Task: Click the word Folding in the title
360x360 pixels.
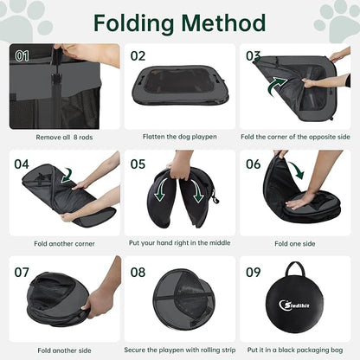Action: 133,23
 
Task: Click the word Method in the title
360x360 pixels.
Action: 223,22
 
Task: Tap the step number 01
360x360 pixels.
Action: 22,56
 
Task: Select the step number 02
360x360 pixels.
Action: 138,56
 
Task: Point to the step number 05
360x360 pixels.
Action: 138,164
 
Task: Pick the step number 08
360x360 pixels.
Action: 138,273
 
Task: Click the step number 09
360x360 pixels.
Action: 253,273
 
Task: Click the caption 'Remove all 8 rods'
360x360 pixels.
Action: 64,138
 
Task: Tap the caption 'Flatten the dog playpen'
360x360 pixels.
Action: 180,137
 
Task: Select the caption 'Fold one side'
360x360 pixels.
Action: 295,244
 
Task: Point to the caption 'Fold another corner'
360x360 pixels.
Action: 64,244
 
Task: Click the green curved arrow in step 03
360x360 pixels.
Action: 277,86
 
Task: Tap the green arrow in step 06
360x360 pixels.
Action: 297,170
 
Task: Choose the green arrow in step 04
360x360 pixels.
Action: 67,176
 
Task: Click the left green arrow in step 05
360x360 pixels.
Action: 161,190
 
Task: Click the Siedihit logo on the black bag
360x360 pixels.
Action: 294,305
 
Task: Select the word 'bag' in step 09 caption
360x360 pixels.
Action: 337,350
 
